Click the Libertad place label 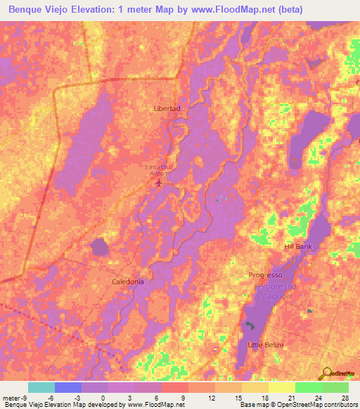[167, 109]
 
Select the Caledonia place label [128, 281]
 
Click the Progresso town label [265, 275]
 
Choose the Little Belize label [264, 344]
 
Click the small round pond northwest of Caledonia [100, 247]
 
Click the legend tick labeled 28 [345, 397]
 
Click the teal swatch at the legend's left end [41, 387]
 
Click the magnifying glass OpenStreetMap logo [326, 374]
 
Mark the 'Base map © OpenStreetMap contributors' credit [297, 405]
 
